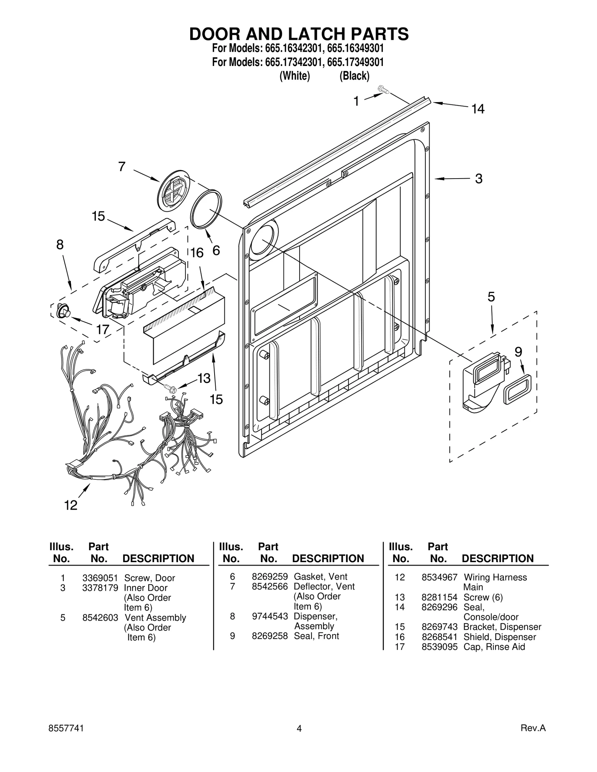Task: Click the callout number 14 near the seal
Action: [x=478, y=109]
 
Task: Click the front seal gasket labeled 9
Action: [x=518, y=390]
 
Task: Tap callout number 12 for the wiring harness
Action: [x=71, y=505]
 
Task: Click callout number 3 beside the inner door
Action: [x=479, y=179]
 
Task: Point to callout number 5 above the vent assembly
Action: [x=491, y=297]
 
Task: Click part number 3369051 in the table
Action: [x=100, y=578]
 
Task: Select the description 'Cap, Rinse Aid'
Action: [x=494, y=647]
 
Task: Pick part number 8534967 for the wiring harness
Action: [x=439, y=577]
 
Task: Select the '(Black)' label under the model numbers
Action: [x=354, y=76]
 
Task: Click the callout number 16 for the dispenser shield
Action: [x=197, y=253]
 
